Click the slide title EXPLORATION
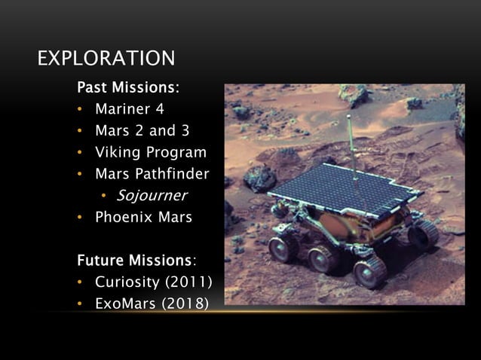click(x=106, y=58)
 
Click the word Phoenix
click(x=122, y=218)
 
